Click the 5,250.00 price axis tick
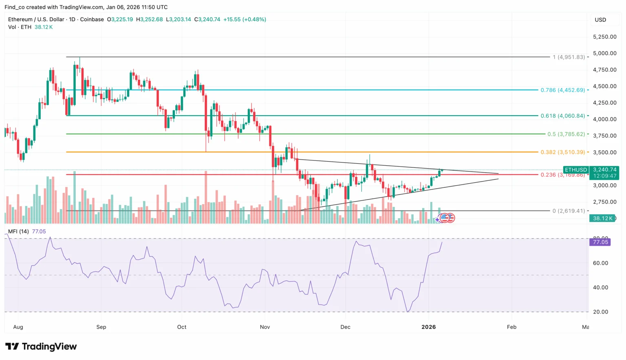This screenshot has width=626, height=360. tap(604, 37)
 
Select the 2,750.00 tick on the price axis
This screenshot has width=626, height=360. tap(604, 202)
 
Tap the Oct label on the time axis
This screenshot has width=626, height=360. tap(182, 327)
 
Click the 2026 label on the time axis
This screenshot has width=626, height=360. tap(429, 327)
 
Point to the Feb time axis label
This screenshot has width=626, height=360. tap(511, 327)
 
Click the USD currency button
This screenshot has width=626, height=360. tap(600, 20)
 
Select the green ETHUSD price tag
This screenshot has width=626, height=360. tap(576, 170)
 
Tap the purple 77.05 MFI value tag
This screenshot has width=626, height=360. tap(600, 242)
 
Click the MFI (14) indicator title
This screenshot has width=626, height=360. tap(18, 231)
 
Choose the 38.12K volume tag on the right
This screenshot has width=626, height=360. tap(602, 218)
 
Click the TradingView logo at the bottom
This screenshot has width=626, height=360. tap(41, 347)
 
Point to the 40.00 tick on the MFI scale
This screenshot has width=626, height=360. tap(600, 288)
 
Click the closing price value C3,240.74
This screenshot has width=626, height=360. tap(207, 20)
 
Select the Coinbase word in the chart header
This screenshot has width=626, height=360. tap(92, 20)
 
